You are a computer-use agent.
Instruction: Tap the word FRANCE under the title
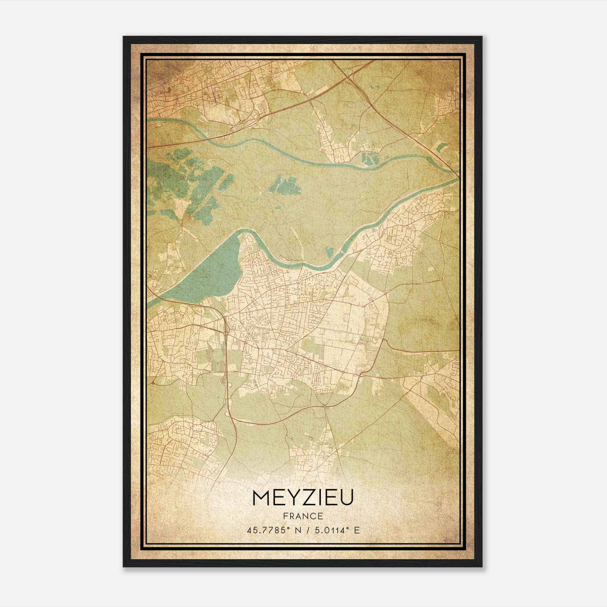coord(303,516)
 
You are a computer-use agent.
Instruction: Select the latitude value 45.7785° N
coord(274,530)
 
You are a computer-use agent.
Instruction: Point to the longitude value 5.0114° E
coord(335,530)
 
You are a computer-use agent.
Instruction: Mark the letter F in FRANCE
coord(285,516)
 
